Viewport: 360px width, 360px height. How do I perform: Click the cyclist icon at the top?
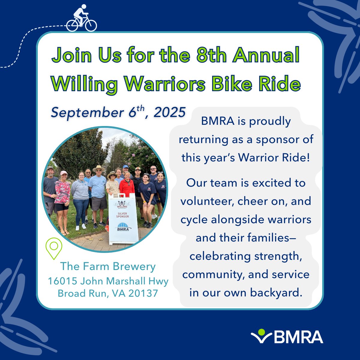pos(81,19)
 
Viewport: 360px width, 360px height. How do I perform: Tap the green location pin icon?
pos(54,248)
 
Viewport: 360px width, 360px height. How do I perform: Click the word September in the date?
pos(87,113)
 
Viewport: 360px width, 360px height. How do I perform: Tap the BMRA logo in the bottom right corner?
pos(287,337)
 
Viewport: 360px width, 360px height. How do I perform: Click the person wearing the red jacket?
pos(127,186)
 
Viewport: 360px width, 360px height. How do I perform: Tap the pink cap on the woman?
pos(64,173)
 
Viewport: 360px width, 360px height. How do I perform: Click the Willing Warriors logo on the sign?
pos(122,204)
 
